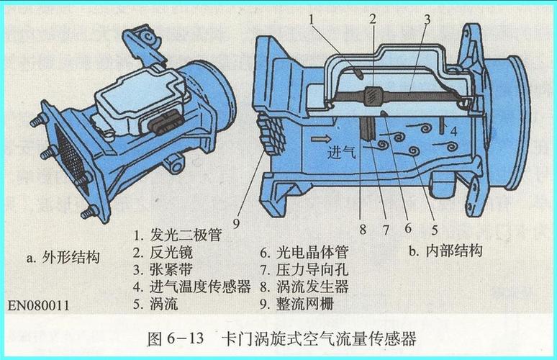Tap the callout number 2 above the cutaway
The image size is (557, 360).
coord(373,20)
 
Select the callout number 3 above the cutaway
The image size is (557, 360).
coord(427,20)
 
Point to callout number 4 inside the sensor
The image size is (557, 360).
coord(454,131)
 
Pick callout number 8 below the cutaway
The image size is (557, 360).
coord(363,230)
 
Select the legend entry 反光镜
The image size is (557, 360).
coord(171,252)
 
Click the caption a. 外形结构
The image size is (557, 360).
coord(63,257)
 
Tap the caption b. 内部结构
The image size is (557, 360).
coord(445,251)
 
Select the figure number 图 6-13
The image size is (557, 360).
coord(175,337)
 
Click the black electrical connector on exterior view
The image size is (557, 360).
coord(160,126)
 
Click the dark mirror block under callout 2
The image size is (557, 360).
coord(373,94)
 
